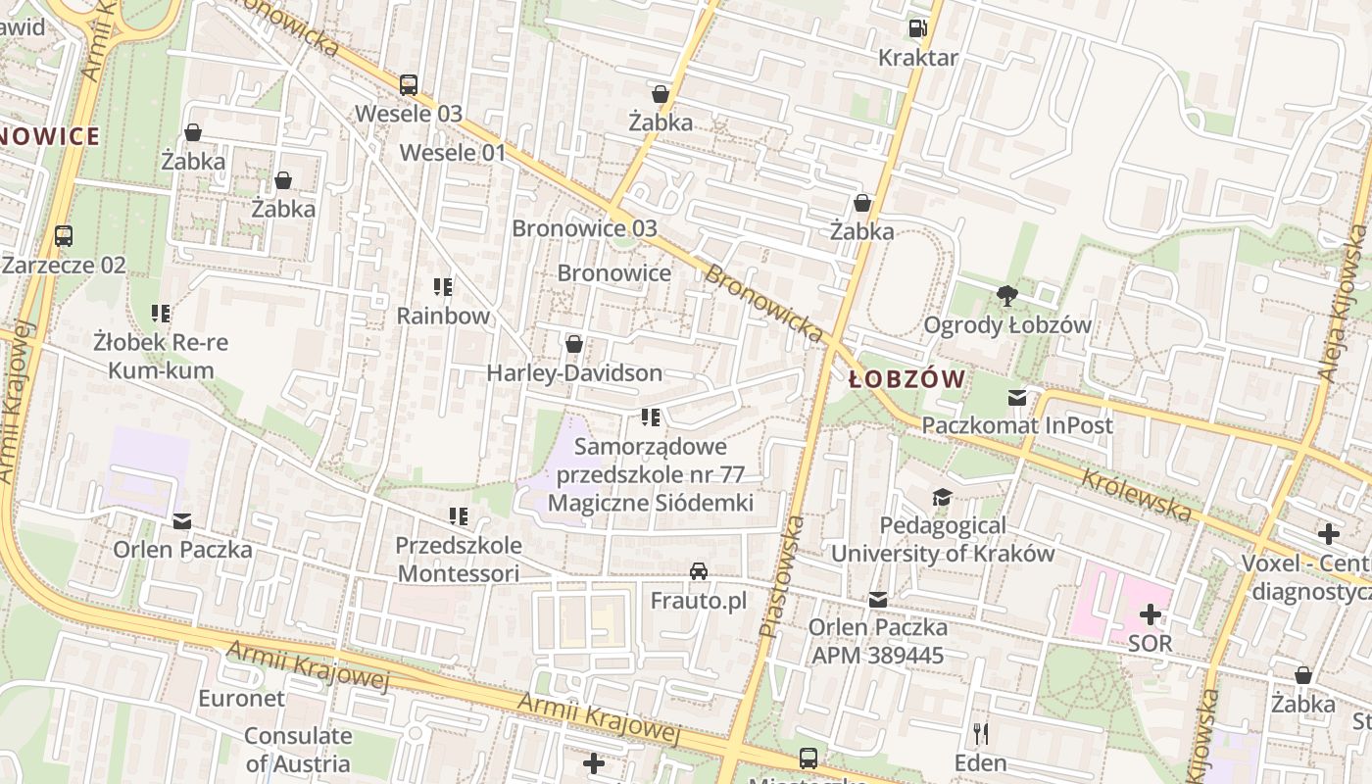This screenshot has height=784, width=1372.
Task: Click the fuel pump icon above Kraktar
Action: pos(917,28)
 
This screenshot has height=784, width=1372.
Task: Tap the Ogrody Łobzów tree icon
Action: pos(1006,295)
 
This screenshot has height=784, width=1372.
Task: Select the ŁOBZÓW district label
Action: pos(906,379)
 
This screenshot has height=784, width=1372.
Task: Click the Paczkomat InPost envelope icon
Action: pos(1017,397)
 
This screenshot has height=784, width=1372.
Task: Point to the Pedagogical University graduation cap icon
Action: pos(942,497)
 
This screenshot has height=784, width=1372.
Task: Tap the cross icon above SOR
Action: pos(1151,614)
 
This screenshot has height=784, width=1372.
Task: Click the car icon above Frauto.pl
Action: pos(699,571)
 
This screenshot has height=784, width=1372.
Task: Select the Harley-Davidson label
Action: pos(574,373)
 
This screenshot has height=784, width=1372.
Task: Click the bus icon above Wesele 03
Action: pos(409,84)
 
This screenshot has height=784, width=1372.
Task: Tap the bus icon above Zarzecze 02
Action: pos(64,235)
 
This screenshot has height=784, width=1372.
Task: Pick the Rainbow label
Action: pos(443,316)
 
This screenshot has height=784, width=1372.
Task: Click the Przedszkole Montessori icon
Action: pos(458,515)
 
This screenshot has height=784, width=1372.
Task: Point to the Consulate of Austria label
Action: pos(298,750)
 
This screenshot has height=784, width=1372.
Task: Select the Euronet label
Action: pos(241,699)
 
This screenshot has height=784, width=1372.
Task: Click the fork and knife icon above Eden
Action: pos(980,733)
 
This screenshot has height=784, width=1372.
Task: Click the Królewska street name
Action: pos(1137,494)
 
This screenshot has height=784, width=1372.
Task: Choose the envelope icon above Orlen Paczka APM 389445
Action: pos(878,599)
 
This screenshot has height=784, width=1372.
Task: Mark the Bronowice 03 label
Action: pos(584,228)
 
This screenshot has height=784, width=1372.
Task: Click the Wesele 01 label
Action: pos(453,153)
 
